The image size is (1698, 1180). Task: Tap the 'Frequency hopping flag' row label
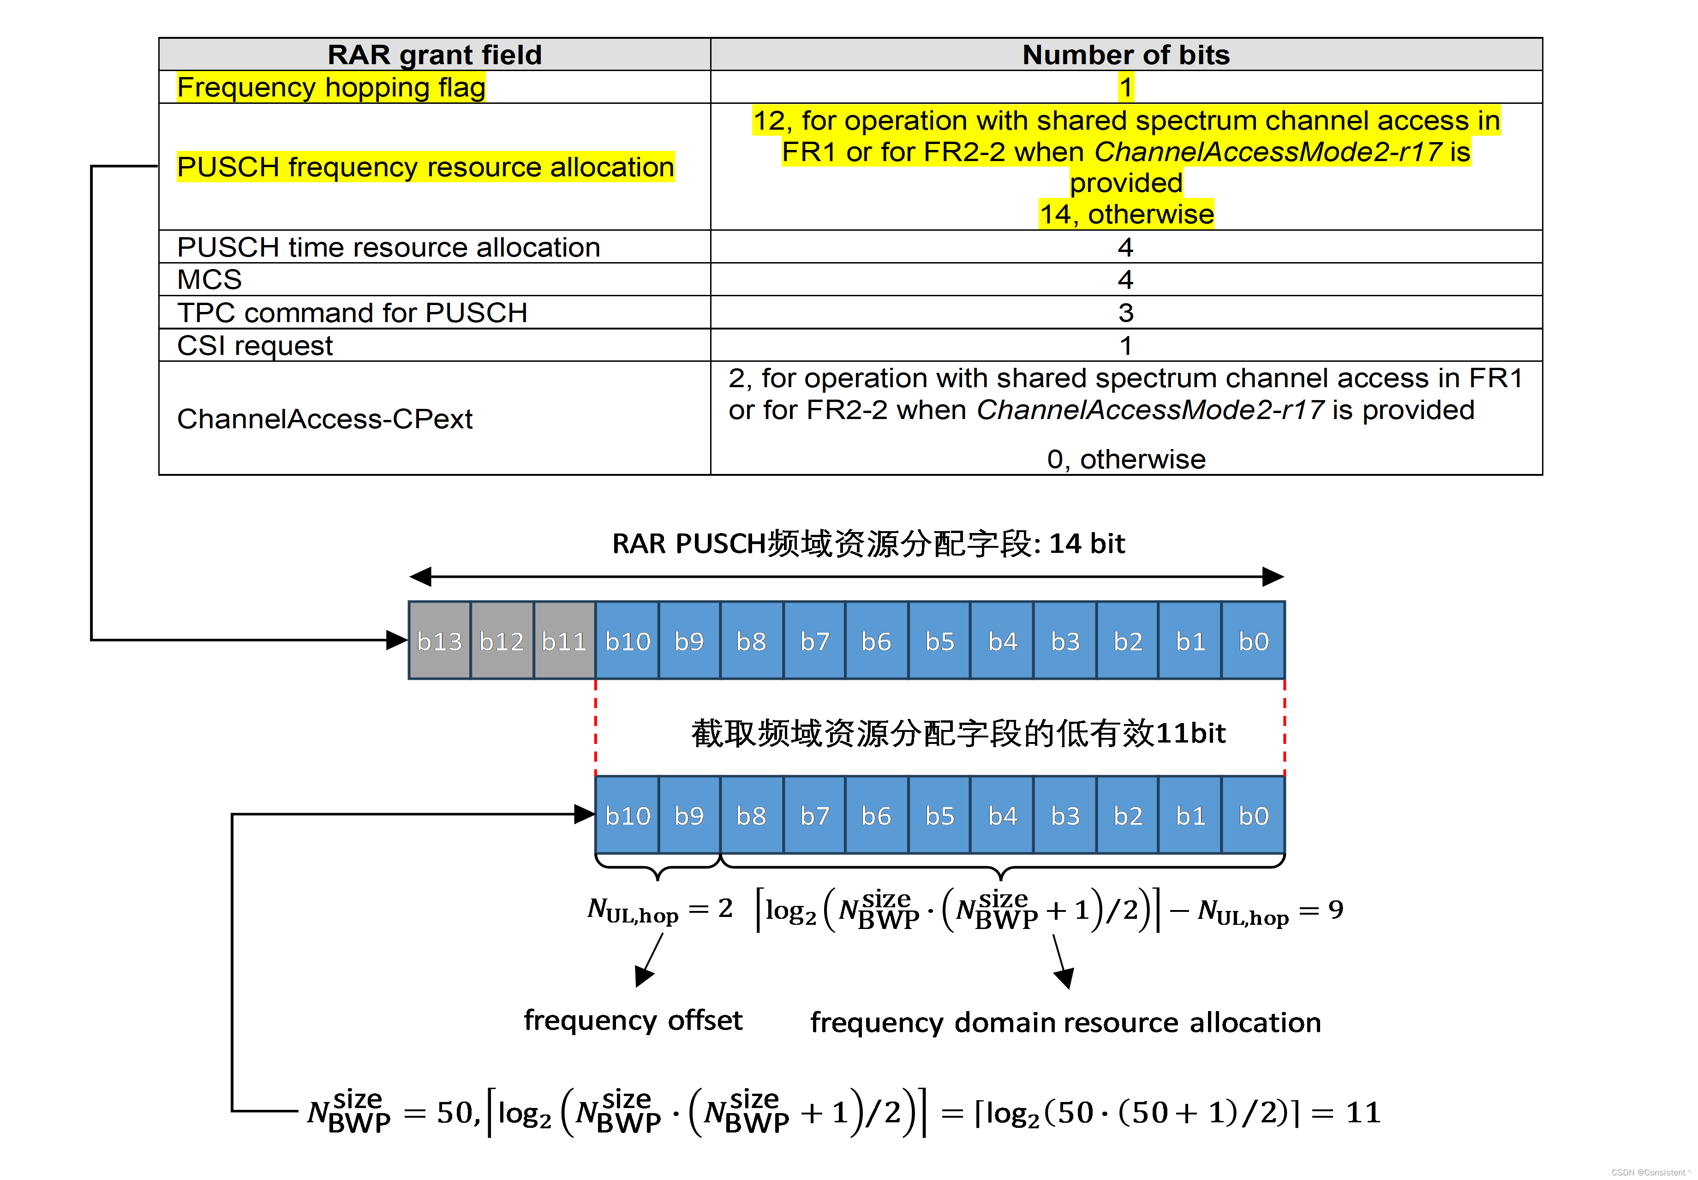[x=331, y=87]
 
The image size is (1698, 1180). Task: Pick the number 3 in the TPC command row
[x=1125, y=313]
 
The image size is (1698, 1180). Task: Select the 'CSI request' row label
[x=255, y=345]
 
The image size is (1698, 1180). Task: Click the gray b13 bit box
[x=439, y=641]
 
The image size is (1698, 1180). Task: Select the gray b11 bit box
[x=564, y=641]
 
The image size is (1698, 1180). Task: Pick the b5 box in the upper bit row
[x=939, y=641]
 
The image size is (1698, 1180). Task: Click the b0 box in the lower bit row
[x=1253, y=815]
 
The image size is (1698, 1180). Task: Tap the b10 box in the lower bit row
[x=627, y=815]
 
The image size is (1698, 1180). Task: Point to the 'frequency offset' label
[x=633, y=1020]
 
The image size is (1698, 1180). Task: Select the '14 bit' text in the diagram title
[x=1087, y=544]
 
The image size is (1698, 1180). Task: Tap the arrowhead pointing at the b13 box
[x=397, y=640]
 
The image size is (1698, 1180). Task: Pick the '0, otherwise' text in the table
[x=1126, y=459]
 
